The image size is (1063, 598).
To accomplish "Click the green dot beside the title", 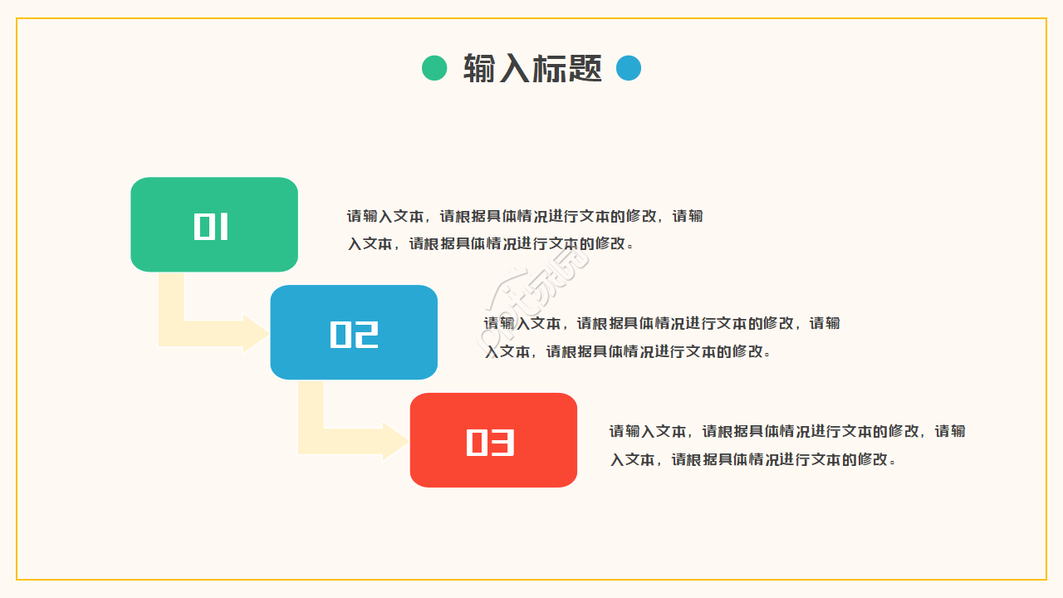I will click(434, 68).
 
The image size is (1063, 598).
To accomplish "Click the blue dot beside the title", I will click(629, 68).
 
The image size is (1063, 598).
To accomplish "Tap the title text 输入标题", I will click(532, 68).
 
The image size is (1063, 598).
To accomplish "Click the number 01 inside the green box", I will click(211, 227).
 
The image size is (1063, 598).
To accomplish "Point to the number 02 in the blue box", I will click(354, 334).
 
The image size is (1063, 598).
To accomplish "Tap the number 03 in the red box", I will click(490, 443).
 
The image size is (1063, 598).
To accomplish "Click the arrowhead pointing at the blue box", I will click(256, 334).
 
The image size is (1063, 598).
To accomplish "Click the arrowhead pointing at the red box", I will click(395, 441).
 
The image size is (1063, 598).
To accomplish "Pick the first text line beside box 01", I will click(525, 216).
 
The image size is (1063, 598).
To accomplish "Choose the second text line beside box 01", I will click(490, 243).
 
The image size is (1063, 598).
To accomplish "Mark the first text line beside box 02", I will click(662, 323).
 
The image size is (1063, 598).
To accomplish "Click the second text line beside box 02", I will click(628, 351).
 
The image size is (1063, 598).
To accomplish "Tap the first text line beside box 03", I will click(787, 431).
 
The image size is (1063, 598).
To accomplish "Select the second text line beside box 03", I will click(753, 459).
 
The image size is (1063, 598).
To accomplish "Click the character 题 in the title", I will click(585, 68).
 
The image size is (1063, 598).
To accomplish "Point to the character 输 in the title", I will click(479, 68).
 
